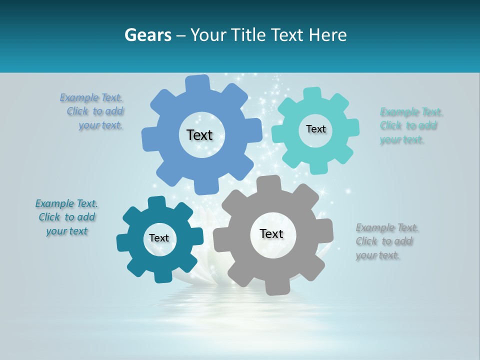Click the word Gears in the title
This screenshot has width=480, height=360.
tap(147, 35)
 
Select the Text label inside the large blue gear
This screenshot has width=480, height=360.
tap(199, 135)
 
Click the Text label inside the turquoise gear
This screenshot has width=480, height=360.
tap(315, 129)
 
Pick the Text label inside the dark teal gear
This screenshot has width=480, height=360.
tap(159, 238)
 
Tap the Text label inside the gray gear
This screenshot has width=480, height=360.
tap(271, 233)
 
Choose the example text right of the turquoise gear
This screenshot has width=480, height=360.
tap(410, 125)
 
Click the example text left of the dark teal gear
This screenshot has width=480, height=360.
tap(66, 217)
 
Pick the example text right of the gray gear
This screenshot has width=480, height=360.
tap(386, 241)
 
